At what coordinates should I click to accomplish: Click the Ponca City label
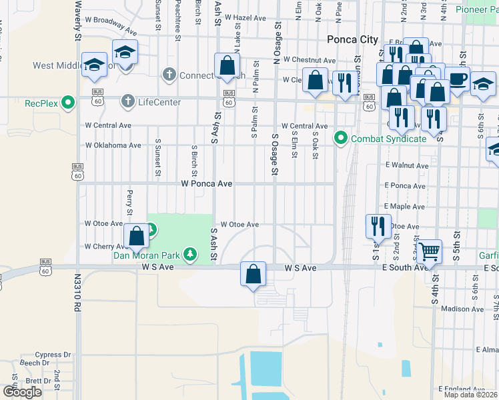(352, 40)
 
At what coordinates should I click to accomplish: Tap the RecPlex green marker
(67, 103)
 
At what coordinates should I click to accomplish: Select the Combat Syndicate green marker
(341, 139)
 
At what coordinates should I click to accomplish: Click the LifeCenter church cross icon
(127, 102)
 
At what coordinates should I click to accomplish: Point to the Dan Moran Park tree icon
(191, 254)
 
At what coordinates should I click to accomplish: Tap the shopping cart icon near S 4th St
(430, 251)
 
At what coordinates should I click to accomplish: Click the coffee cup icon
(457, 79)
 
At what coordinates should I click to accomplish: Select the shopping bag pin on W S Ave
(254, 273)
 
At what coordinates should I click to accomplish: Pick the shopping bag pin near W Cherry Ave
(136, 235)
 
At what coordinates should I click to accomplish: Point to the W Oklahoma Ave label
(113, 145)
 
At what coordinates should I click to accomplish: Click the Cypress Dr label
(53, 355)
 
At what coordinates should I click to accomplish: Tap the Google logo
(22, 392)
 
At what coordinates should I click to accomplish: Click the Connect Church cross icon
(171, 75)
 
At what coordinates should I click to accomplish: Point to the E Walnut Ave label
(406, 165)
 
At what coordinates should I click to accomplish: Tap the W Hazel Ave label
(246, 17)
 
